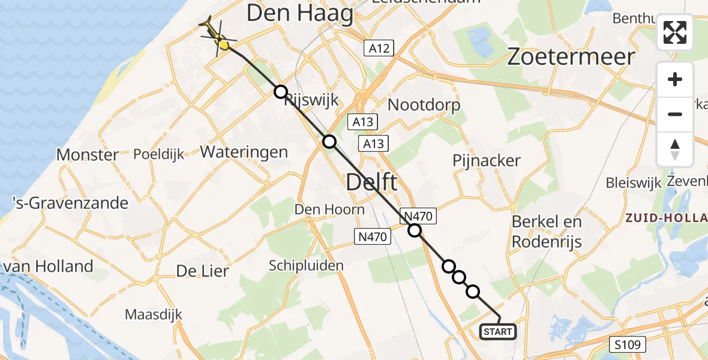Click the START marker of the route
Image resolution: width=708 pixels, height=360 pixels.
tap(497, 331)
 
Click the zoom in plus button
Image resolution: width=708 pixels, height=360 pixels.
tap(675, 80)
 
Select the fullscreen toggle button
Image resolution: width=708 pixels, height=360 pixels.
tap(675, 32)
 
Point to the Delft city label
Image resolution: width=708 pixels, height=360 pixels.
tap(372, 181)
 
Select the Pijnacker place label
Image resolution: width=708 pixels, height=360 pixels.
tap(486, 161)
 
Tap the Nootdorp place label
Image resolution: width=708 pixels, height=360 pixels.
tap(424, 105)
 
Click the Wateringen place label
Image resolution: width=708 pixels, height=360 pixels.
tap(244, 152)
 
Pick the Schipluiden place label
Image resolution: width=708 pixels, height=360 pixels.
tap(306, 265)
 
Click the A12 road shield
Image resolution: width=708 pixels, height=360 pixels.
tap(379, 48)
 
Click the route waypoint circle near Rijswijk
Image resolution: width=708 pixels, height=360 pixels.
tap(280, 92)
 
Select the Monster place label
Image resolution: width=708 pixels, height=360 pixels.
tap(88, 155)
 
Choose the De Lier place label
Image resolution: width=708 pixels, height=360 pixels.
tap(202, 271)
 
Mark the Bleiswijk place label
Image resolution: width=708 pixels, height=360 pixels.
tap(633, 182)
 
